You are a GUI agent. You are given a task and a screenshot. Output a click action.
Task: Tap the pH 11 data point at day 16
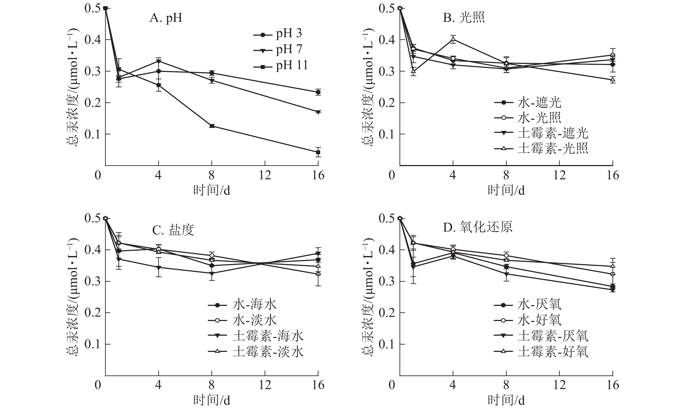(318, 152)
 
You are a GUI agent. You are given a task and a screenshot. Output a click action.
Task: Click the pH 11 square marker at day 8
(212, 126)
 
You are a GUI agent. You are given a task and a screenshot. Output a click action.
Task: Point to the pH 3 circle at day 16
(318, 92)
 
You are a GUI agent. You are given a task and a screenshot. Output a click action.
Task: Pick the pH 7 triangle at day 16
(318, 112)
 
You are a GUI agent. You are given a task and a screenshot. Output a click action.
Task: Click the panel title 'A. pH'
(166, 18)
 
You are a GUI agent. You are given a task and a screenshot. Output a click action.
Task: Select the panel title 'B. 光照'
(464, 18)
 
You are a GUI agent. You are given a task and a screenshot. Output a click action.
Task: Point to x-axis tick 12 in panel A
(265, 175)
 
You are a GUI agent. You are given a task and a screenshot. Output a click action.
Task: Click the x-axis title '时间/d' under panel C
(212, 400)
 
